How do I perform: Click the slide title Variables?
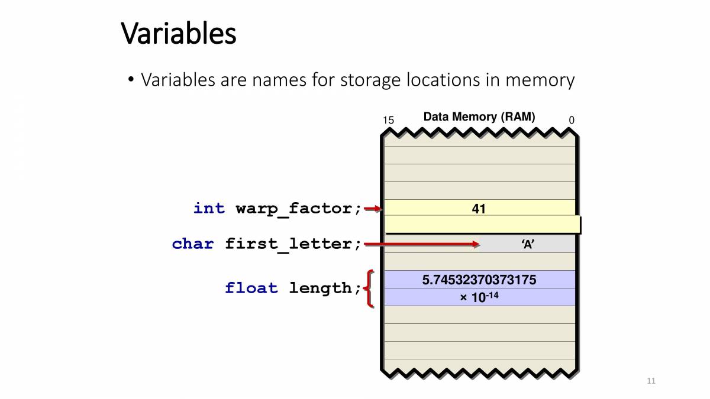tap(179, 34)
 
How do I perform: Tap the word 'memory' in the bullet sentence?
tap(540, 80)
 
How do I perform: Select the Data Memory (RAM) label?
tap(479, 117)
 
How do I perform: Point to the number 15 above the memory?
tap(388, 121)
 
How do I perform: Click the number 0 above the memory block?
tap(572, 121)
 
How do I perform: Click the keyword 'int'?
tap(209, 208)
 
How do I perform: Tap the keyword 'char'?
tap(193, 244)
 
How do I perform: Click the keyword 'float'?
tap(251, 288)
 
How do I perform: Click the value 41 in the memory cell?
tap(479, 208)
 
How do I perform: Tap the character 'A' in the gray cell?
tap(528, 244)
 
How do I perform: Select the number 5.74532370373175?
tap(479, 280)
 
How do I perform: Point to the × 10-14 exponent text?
tap(479, 297)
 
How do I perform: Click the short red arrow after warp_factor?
tap(373, 208)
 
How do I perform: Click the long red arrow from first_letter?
tap(422, 244)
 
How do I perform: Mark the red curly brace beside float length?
tap(369, 289)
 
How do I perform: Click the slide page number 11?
tap(651, 381)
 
